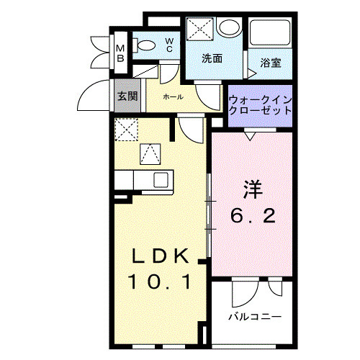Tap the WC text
[x=169, y=45]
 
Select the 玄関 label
[x=127, y=96]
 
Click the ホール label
[x=173, y=96]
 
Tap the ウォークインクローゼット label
[x=260, y=105]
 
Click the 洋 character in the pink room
[x=251, y=191]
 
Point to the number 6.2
[x=251, y=215]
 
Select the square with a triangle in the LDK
[x=149, y=153]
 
